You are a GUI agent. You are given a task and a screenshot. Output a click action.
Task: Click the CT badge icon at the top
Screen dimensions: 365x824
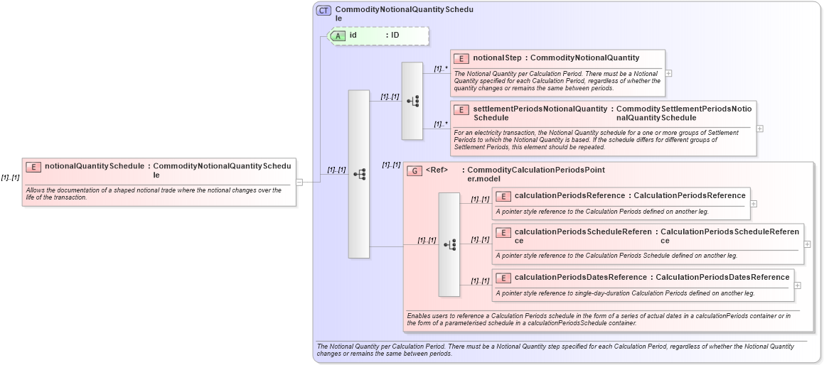[x=323, y=11]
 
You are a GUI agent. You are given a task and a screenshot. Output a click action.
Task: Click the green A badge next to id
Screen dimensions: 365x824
[x=338, y=35]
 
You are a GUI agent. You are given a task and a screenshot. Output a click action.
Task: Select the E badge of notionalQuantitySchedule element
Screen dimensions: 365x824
[x=33, y=167]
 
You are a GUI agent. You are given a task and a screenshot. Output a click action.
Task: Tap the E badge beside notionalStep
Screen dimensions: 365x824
[x=461, y=58]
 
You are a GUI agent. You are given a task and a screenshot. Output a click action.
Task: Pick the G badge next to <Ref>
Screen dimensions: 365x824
[x=414, y=170]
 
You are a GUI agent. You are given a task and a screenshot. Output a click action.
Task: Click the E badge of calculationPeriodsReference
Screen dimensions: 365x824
[x=503, y=196]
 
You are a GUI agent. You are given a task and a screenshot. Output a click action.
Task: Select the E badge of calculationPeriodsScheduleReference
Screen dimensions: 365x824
[x=503, y=232]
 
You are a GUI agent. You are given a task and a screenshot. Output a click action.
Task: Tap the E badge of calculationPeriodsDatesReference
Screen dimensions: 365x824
[x=503, y=278]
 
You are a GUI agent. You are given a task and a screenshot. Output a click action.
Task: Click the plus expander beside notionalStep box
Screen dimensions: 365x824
[x=668, y=73]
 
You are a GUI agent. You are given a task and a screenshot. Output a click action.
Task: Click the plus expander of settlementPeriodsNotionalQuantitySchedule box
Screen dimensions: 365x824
[x=760, y=129]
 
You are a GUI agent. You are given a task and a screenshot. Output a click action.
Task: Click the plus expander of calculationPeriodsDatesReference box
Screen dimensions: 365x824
[x=797, y=285]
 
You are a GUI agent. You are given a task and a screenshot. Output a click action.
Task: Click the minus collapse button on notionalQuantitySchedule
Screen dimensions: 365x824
[x=299, y=182]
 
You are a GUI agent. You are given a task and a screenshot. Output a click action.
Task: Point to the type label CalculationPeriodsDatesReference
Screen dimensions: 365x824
[x=722, y=277]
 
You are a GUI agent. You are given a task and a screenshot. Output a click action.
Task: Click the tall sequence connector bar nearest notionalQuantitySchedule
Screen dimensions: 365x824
[x=358, y=174]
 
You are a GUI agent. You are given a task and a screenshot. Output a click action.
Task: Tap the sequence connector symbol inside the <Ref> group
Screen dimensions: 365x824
[x=449, y=244]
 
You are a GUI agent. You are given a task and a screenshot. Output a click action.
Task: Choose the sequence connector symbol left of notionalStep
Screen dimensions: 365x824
[x=412, y=102]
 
